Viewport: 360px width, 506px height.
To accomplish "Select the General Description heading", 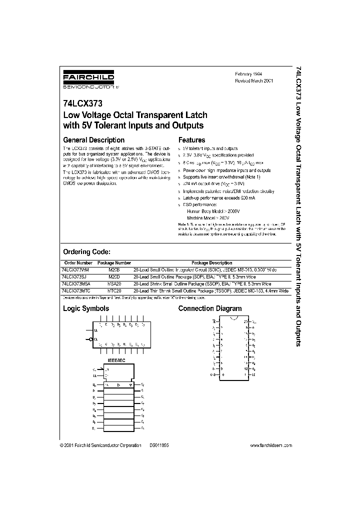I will (93, 140).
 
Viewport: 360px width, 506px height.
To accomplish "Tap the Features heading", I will (191, 140).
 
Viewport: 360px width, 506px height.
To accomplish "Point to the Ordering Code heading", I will (86, 252).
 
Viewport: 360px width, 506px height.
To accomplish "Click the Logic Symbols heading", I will (85, 308).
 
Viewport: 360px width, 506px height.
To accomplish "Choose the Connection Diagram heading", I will (210, 308).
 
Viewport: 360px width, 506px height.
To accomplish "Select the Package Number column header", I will (114, 262).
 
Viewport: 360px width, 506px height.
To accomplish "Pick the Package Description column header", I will (211, 262).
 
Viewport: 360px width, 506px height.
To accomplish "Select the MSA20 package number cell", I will (114, 283).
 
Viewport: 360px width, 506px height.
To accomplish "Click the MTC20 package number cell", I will (114, 290).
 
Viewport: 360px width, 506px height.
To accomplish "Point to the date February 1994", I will (248, 73).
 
